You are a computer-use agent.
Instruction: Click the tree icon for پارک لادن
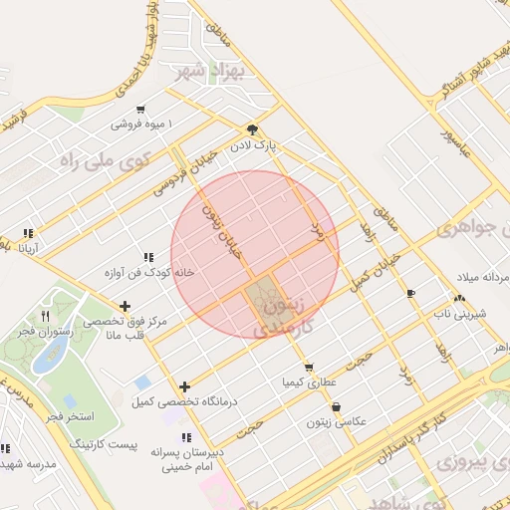click(x=252, y=129)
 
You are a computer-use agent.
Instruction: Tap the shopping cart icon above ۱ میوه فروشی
click(x=141, y=110)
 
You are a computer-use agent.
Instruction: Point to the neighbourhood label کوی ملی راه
click(x=105, y=159)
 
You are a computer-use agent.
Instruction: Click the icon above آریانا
click(x=28, y=234)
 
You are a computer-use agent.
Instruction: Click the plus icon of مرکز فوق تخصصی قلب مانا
click(x=125, y=306)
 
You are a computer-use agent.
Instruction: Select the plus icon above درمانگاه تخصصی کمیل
click(x=184, y=386)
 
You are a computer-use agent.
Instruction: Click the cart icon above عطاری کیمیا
click(x=309, y=367)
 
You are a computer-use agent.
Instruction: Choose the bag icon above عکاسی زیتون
click(x=336, y=406)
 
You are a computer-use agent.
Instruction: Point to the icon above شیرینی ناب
click(x=459, y=298)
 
